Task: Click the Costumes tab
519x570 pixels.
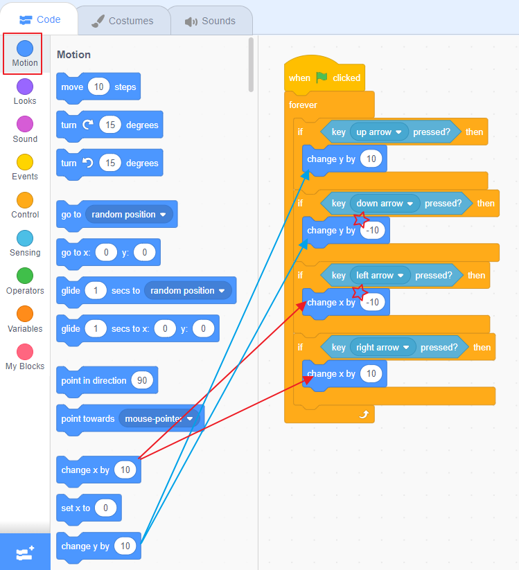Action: (123, 21)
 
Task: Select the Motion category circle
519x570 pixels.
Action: (25, 48)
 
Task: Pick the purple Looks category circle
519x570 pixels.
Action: (25, 87)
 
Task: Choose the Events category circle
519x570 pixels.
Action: (25, 162)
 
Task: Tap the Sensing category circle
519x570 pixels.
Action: (25, 238)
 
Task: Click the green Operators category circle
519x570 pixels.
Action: (25, 276)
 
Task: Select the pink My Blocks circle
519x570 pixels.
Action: (25, 352)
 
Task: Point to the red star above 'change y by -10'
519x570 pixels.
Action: (360, 220)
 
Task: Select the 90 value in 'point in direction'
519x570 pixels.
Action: (142, 380)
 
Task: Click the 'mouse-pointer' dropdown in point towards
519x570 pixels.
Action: (159, 418)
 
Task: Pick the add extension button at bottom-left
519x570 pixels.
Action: (25, 553)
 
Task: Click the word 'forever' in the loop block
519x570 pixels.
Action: (303, 105)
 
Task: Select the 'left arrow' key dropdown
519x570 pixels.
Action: (380, 275)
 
